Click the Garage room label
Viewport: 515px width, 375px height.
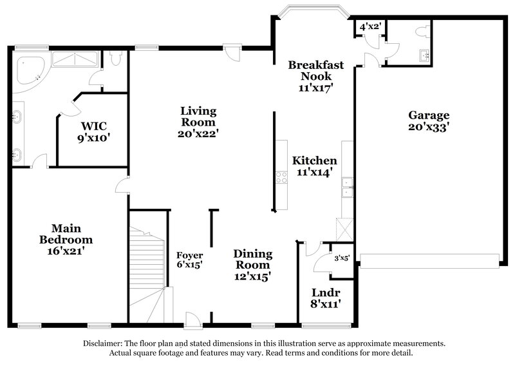coord(428,121)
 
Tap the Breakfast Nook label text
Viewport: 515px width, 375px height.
coord(315,77)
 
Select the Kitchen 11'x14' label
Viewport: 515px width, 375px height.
coord(315,166)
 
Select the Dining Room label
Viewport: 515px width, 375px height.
coord(252,265)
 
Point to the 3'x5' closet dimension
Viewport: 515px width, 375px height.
coord(341,258)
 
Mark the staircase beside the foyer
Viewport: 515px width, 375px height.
coord(148,271)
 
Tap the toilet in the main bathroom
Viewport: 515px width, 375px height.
coord(116,59)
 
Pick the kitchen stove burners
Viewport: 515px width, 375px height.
coord(281,177)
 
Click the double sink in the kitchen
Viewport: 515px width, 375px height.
coord(347,186)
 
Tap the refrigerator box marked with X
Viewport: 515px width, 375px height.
coord(342,229)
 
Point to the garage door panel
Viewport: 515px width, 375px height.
coord(429,260)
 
